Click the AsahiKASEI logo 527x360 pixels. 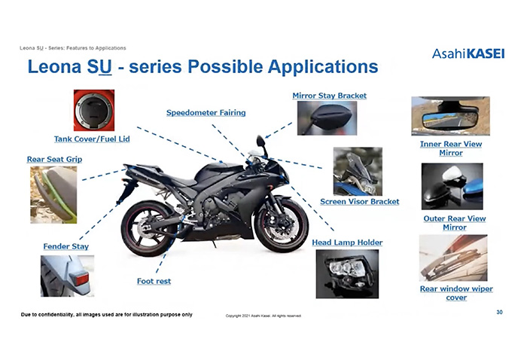(468, 53)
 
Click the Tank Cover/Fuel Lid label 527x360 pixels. (92, 139)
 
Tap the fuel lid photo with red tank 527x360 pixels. (94, 110)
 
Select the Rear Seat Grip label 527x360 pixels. (54, 160)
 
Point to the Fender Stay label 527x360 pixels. (66, 246)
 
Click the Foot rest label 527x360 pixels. (154, 281)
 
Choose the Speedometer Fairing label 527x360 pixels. (206, 113)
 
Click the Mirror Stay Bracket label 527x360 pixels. (330, 96)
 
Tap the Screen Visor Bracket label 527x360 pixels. (360, 202)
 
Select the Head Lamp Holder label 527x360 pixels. (347, 243)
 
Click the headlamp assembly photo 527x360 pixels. (347, 274)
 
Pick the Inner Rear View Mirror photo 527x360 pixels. (451, 116)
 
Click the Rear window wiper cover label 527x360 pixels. (456, 293)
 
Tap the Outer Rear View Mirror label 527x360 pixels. (455, 223)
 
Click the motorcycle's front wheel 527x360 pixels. (282, 224)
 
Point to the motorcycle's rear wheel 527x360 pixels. (149, 228)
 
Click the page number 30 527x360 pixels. (499, 313)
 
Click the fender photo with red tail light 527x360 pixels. (67, 276)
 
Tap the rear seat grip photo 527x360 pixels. (53, 195)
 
